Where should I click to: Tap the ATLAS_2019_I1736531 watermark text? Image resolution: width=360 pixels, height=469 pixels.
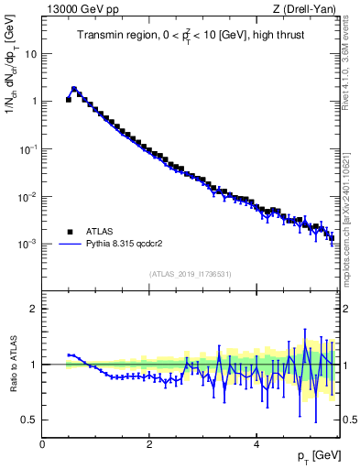190,274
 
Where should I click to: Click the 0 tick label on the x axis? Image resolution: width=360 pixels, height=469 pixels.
42,443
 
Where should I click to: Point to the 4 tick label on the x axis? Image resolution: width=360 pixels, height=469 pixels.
256,443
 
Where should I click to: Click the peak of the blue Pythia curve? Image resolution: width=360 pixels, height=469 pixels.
74,90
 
